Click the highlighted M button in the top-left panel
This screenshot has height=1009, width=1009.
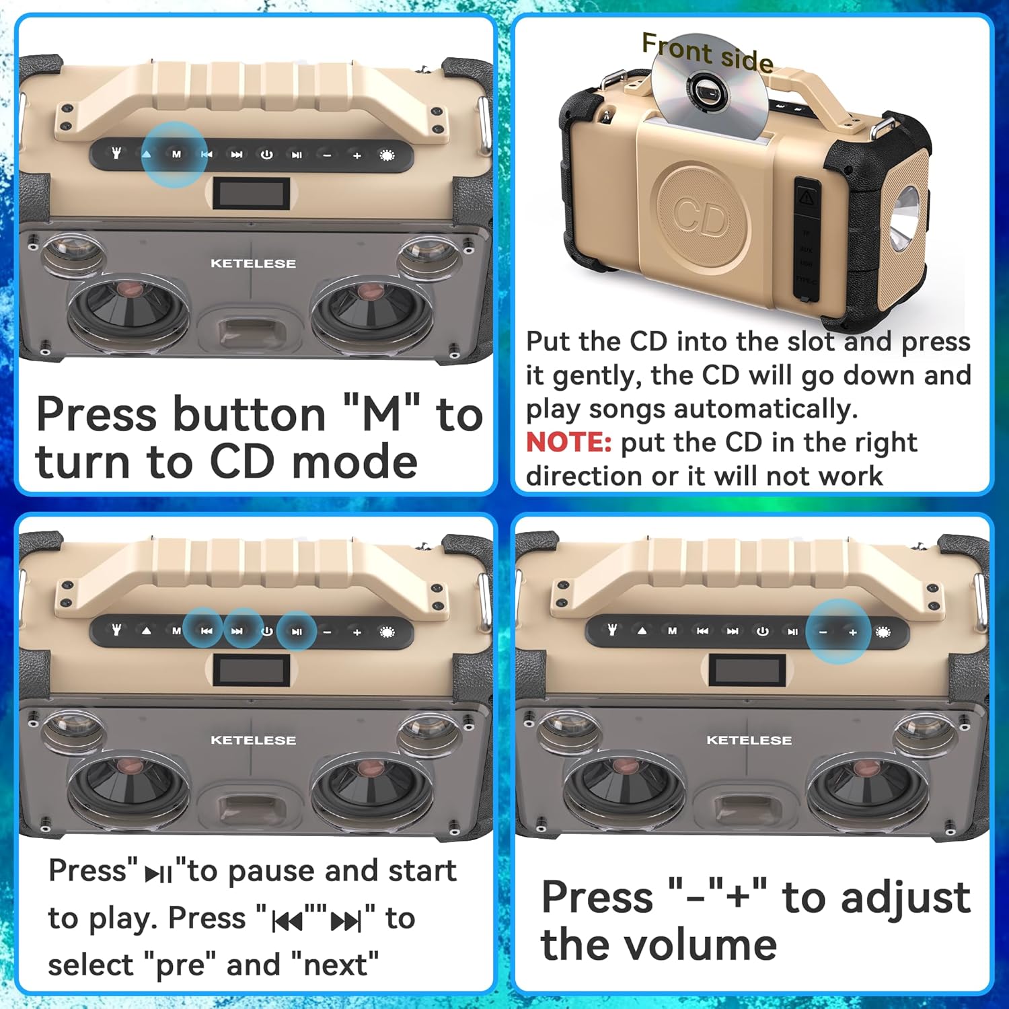pos(176,155)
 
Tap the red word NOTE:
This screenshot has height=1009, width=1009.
pos(568,443)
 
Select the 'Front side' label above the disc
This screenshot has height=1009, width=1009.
pos(707,52)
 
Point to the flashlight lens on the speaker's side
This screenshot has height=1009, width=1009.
pos(907,219)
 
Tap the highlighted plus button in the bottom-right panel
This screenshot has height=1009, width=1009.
pos(853,632)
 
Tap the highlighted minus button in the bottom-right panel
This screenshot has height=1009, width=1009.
pos(823,632)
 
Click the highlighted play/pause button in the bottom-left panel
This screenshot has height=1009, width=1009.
pos(297,632)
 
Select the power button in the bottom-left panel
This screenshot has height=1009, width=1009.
pos(266,632)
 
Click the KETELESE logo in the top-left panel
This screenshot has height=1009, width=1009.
pos(253,264)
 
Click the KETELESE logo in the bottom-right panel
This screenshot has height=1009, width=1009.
pos(749,740)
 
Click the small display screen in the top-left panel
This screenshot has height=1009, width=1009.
pos(252,194)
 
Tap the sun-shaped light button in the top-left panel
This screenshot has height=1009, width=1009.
pos(386,155)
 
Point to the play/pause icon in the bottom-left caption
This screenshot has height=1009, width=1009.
pos(159,874)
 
